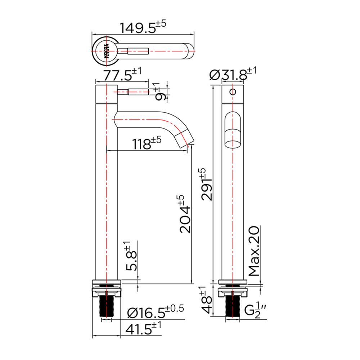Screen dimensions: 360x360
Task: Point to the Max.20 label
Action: pyautogui.click(x=253, y=251)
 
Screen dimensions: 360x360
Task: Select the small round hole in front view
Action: pyautogui.click(x=233, y=91)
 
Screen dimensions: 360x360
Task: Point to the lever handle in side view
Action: pyautogui.click(x=133, y=92)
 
